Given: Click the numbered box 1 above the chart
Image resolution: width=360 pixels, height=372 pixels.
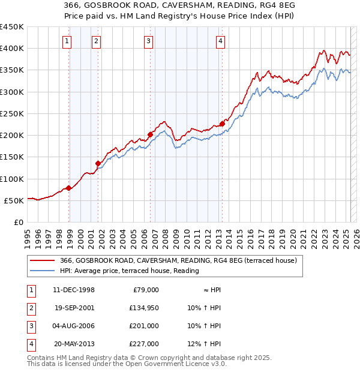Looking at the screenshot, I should pos(66,41).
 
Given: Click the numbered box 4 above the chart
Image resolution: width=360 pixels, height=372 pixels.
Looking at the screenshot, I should pos(221,41).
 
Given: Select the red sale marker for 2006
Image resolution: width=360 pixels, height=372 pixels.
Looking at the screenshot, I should pos(150,135).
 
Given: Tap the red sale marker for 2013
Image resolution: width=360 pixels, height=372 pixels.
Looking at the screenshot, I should pos(222,124).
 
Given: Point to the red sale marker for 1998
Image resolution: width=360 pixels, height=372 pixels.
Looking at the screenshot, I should pos(69,188).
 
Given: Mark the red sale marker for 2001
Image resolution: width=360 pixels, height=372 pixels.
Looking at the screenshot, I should pos(98,163).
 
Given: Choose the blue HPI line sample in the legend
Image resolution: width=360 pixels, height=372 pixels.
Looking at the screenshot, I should pos(43,271).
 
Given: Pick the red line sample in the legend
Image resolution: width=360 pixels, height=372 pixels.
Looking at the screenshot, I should pos(43,260).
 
